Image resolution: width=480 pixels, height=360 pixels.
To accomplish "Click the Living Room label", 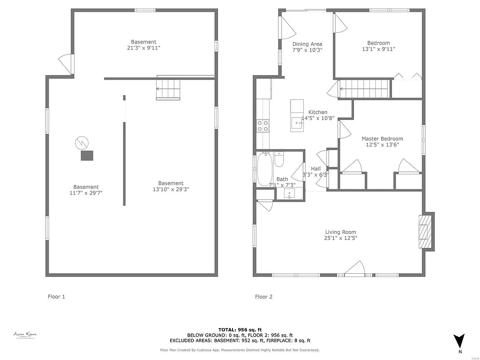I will pyautogui.click(x=341, y=232).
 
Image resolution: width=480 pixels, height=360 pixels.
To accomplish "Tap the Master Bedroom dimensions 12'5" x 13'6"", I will pyautogui.click(x=382, y=145).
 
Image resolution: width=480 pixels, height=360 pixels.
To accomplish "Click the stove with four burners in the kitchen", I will pyautogui.click(x=262, y=125).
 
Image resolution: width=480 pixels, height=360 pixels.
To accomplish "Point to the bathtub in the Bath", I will pyautogui.click(x=264, y=169).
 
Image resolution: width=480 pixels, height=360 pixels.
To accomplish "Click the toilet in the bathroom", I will pyautogui.click(x=279, y=160).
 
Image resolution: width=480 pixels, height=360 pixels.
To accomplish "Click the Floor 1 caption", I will pyautogui.click(x=56, y=297).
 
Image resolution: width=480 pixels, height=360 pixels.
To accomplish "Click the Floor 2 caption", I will pyautogui.click(x=263, y=297).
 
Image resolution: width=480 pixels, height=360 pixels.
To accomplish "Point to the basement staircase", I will pyautogui.click(x=168, y=89).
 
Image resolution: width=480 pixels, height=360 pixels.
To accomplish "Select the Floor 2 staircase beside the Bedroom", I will pyautogui.click(x=365, y=89).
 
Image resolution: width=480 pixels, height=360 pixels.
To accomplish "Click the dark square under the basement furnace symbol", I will pyautogui.click(x=87, y=156).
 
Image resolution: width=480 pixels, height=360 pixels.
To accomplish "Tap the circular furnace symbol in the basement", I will pyautogui.click(x=82, y=142).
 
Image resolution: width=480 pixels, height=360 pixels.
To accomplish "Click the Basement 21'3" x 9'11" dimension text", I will pyautogui.click(x=143, y=48).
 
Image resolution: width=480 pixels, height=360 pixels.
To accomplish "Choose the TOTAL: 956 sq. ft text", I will pyautogui.click(x=240, y=330).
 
